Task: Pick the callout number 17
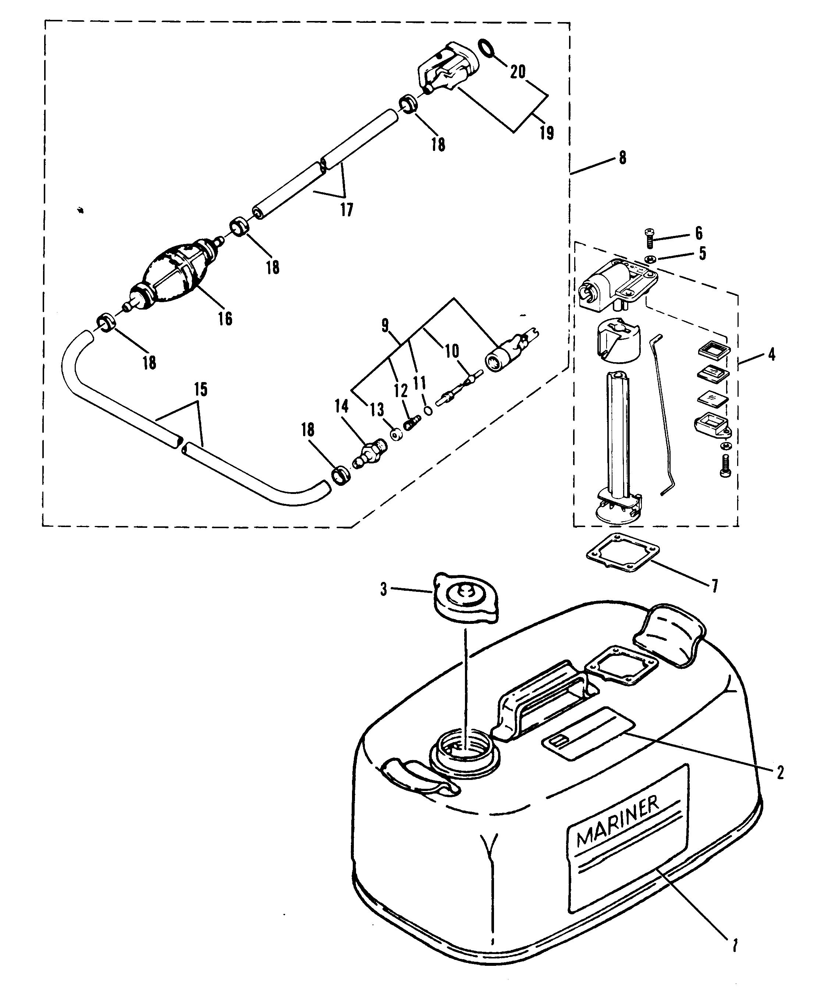347,209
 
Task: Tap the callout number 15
200,390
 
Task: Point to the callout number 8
622,158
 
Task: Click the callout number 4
771,354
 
